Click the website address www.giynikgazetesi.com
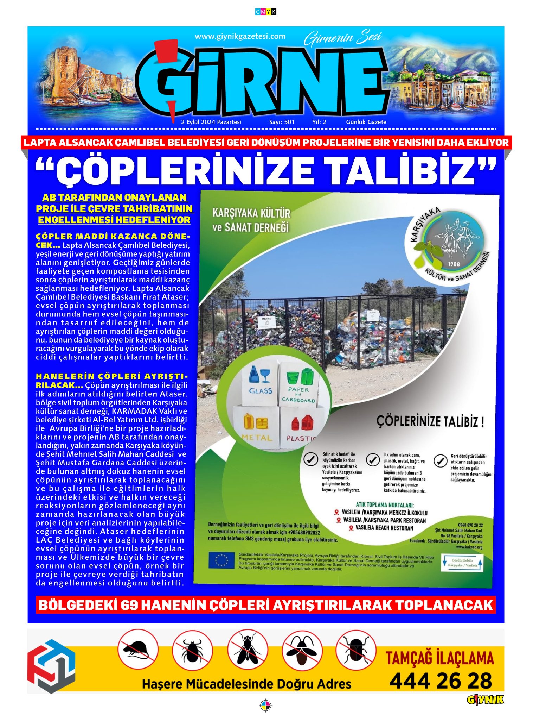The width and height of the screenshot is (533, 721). point(240,36)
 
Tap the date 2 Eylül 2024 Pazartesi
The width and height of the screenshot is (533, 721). point(211,122)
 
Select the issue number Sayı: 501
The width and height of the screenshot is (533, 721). point(282,122)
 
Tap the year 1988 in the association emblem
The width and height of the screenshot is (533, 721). point(454,264)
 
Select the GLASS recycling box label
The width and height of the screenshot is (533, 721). point(261,390)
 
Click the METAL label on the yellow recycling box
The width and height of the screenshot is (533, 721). point(257,438)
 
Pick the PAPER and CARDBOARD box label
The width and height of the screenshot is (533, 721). point(298,394)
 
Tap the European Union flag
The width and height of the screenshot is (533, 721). point(221,560)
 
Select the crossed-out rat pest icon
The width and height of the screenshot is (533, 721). point(137,649)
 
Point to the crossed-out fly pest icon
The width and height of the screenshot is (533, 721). point(248,650)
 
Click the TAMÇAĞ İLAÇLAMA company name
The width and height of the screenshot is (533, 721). point(440,658)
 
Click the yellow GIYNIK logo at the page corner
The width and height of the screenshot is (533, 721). point(485,700)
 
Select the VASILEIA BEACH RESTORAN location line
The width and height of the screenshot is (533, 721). point(384,528)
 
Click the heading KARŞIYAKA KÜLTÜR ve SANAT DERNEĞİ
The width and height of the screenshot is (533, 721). point(251,220)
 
